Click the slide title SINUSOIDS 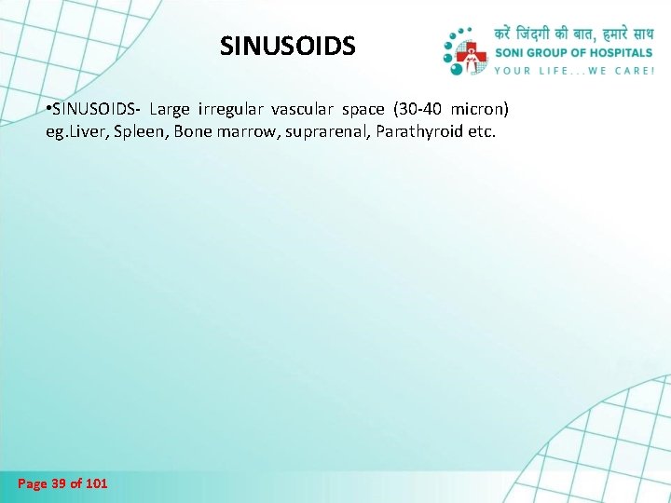[x=287, y=46]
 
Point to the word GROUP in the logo [x=555, y=52]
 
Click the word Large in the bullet [x=168, y=109]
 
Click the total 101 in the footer [x=96, y=483]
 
